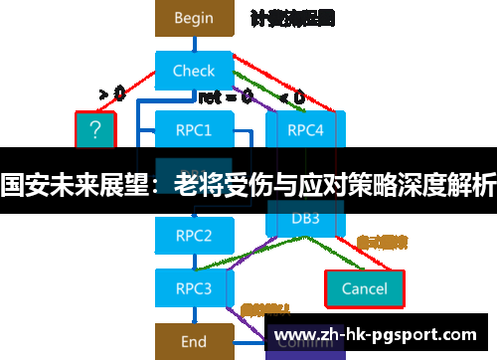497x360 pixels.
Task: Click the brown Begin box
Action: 194,18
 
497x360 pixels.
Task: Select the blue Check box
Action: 194,71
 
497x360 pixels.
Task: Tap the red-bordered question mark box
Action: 95,129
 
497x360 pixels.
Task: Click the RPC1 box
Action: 194,128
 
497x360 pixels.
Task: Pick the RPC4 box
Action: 305,128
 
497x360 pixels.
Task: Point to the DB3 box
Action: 305,218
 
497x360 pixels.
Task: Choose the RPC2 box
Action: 194,236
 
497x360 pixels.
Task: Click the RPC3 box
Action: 194,288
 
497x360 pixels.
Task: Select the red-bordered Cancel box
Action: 364,288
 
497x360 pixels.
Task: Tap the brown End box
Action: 194,341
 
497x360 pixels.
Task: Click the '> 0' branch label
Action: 112,94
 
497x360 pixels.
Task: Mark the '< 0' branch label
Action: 292,97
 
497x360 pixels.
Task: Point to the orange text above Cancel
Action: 383,242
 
